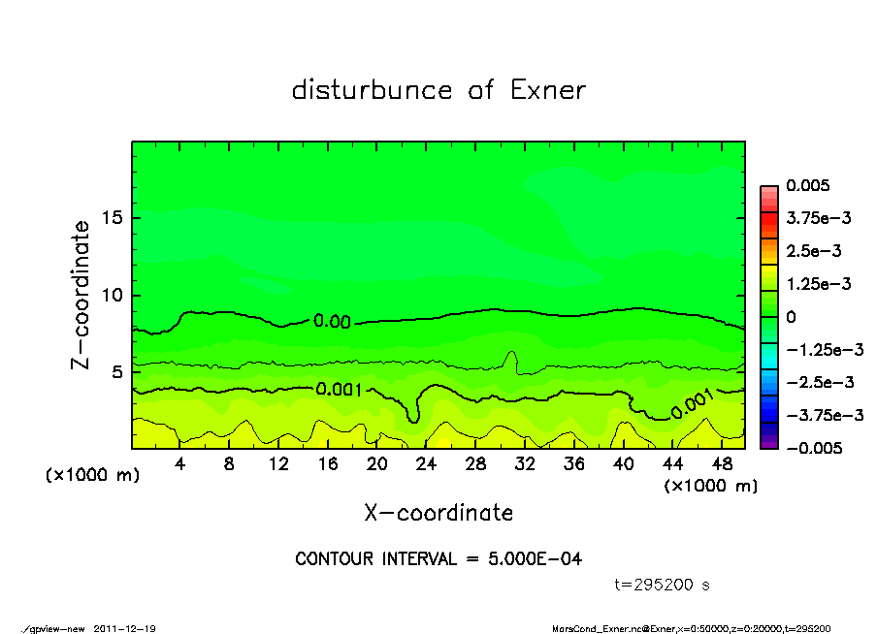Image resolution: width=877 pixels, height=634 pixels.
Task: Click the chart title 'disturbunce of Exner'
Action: click(438, 90)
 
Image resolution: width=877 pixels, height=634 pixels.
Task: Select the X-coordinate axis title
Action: click(438, 512)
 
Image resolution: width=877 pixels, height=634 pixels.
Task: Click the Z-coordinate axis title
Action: click(81, 294)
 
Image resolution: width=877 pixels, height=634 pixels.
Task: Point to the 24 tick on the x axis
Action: click(427, 464)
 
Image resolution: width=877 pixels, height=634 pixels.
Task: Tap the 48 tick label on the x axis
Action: click(722, 464)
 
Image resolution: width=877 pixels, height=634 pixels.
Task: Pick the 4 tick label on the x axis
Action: click(180, 464)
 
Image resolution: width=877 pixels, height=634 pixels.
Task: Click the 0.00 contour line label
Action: click(332, 321)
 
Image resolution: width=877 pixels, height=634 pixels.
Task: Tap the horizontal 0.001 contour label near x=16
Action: click(339, 390)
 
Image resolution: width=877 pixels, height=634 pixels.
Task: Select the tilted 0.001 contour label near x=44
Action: click(692, 403)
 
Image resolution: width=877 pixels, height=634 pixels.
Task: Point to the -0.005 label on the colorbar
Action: click(813, 448)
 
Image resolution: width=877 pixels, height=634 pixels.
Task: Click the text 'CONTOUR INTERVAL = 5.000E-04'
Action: click(438, 559)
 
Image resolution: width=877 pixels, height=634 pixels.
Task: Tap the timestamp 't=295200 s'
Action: click(663, 586)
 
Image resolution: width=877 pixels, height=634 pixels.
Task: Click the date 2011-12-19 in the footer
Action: click(124, 628)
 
